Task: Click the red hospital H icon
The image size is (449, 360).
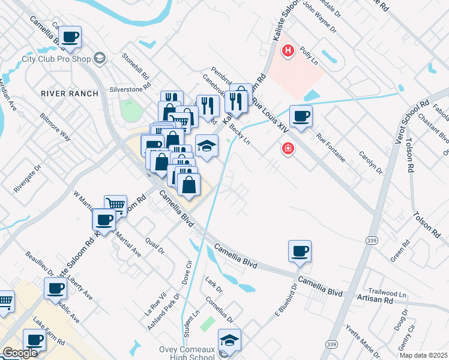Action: click(x=289, y=50)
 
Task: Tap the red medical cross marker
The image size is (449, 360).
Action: click(x=288, y=148)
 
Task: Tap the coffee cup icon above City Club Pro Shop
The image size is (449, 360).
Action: click(x=71, y=37)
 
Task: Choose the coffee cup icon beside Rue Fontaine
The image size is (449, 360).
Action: click(x=301, y=115)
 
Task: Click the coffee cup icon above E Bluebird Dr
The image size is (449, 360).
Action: click(x=300, y=250)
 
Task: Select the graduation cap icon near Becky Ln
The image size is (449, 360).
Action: click(x=206, y=146)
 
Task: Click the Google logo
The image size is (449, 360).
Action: click(x=19, y=353)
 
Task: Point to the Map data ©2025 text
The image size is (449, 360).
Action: click(x=423, y=355)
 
